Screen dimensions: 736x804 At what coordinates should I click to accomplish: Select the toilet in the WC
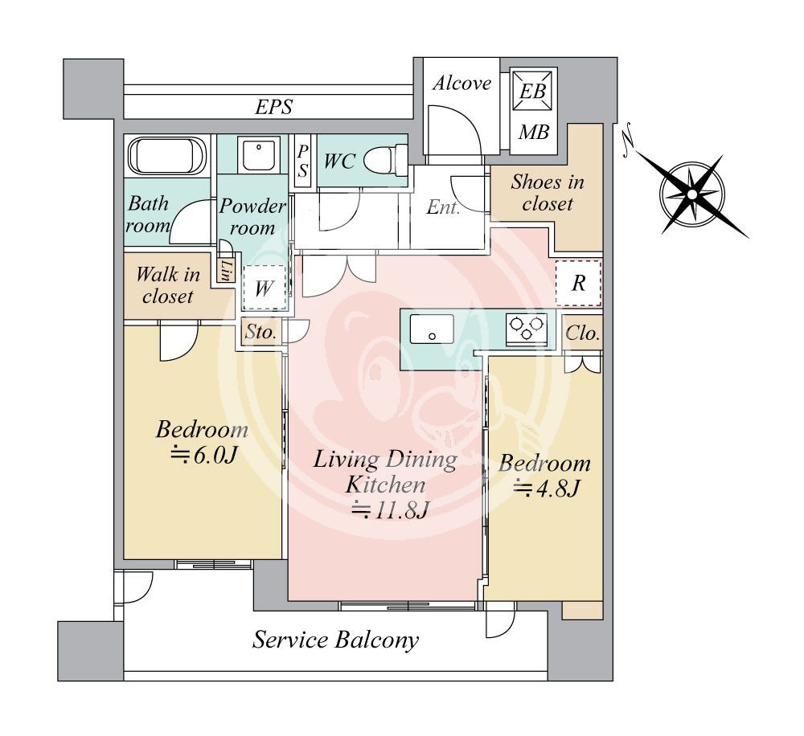pyautogui.click(x=383, y=160)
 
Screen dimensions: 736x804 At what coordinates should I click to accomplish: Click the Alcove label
pyautogui.click(x=461, y=84)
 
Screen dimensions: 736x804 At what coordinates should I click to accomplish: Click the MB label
pyautogui.click(x=532, y=132)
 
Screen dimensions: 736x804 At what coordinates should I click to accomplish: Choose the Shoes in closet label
pyautogui.click(x=547, y=193)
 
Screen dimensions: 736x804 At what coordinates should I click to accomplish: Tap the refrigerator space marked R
pyautogui.click(x=578, y=283)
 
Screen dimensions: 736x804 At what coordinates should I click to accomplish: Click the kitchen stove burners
pyautogui.click(x=526, y=329)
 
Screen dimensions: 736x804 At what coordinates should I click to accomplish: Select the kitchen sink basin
pyautogui.click(x=432, y=329)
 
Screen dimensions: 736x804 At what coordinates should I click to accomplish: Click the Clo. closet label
pyautogui.click(x=583, y=333)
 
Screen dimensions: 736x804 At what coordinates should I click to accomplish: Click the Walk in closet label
pyautogui.click(x=168, y=285)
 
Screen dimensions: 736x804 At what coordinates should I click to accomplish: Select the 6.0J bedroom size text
pyautogui.click(x=202, y=456)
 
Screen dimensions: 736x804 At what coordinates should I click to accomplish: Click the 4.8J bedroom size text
pyautogui.click(x=547, y=488)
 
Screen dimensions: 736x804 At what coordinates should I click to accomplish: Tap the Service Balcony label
pyautogui.click(x=335, y=640)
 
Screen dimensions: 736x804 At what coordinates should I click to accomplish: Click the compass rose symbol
pyautogui.click(x=691, y=194)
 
